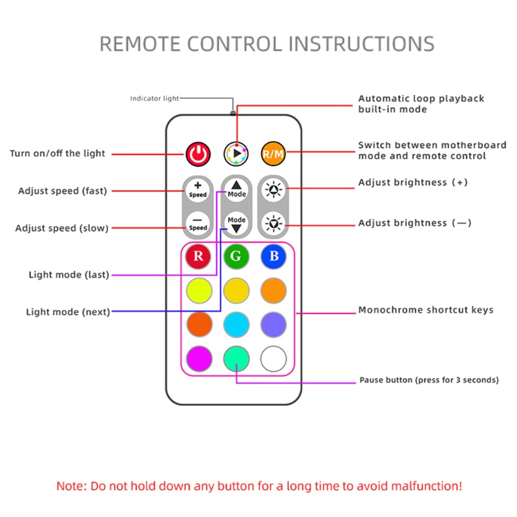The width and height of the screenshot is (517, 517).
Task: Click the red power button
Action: pyautogui.click(x=199, y=154)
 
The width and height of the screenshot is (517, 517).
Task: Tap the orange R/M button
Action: pyautogui.click(x=272, y=154)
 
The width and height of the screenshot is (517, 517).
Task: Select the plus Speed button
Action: pyautogui.click(x=198, y=190)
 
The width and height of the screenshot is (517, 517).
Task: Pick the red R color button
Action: pyautogui.click(x=199, y=257)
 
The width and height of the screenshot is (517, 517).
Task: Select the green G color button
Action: pyautogui.click(x=237, y=257)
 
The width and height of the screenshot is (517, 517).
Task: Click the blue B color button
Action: pyautogui.click(x=273, y=257)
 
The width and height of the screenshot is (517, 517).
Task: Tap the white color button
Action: pyautogui.click(x=273, y=358)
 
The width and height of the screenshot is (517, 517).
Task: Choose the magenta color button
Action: pyautogui.click(x=199, y=358)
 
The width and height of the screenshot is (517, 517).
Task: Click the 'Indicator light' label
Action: pyautogui.click(x=154, y=99)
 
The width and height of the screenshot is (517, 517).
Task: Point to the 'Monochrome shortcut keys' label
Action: pyautogui.click(x=426, y=310)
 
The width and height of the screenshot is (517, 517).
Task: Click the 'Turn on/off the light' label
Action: pyautogui.click(x=58, y=154)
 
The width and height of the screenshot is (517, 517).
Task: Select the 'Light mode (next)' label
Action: pyautogui.click(x=68, y=312)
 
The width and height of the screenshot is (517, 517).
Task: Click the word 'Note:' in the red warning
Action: pyautogui.click(x=70, y=485)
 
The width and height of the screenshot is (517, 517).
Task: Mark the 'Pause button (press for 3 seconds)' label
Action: pyautogui.click(x=428, y=380)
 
